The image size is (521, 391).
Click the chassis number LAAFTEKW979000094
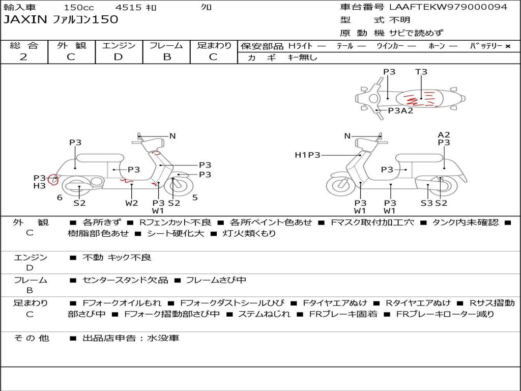448,7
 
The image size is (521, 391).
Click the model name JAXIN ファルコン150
61,20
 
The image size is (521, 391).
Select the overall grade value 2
23,57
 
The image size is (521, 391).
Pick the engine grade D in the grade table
118,57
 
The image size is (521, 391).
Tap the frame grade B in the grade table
167,57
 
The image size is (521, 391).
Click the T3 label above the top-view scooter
421,71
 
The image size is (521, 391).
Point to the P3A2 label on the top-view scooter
401,110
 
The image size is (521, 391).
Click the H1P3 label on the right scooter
307,155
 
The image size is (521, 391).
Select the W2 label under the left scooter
132,203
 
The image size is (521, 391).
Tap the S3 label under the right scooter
427,203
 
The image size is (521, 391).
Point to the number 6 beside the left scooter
60,198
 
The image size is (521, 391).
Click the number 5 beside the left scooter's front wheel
195,198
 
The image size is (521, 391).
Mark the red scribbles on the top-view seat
419,99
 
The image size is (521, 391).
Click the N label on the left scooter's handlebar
172,135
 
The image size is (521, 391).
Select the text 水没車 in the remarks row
163,338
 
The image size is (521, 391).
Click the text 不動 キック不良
117,257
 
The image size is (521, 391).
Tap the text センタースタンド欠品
125,280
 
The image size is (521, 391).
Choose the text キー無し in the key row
302,57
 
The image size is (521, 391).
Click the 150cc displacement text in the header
79,7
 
